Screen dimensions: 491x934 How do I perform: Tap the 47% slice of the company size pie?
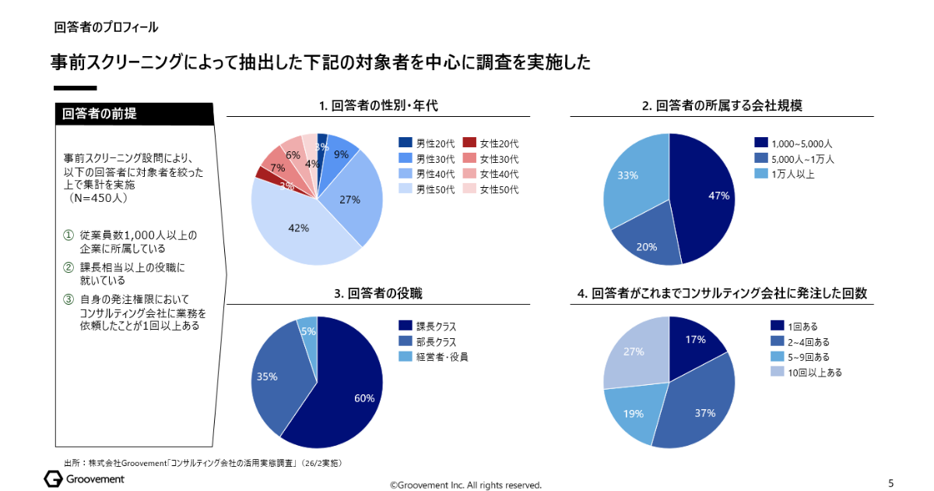[708, 195]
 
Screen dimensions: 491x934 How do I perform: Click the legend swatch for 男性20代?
[405, 143]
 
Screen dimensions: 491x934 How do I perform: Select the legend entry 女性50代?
[499, 189]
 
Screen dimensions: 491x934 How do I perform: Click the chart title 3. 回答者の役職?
[378, 294]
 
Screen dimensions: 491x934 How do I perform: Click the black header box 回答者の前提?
[134, 114]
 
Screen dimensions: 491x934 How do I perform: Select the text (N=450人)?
[99, 199]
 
